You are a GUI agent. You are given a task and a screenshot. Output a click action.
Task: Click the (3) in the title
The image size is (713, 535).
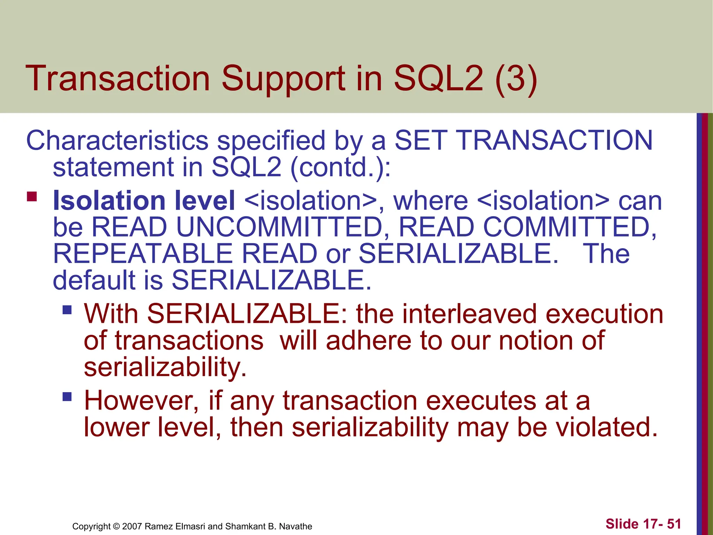516,79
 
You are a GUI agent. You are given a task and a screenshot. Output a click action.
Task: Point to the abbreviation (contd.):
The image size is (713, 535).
340,167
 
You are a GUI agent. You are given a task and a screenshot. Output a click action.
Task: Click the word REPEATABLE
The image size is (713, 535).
143,254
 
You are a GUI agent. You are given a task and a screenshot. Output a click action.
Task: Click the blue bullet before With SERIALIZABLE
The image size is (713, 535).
67,310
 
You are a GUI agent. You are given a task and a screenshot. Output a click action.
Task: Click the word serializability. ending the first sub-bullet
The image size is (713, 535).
165,368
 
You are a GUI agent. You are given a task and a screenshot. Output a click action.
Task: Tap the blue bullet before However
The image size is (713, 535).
67,397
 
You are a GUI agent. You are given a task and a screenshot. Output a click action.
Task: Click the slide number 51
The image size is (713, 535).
674,524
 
